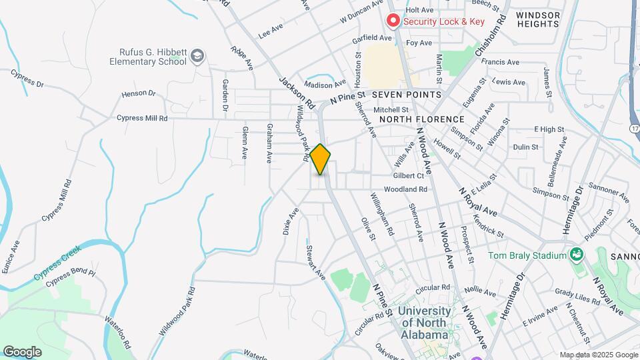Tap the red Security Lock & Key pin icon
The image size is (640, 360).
coord(393,21)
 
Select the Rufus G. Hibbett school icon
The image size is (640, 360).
coord(197,57)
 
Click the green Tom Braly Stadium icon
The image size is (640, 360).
coord(575,255)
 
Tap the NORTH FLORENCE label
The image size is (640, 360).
coord(421,119)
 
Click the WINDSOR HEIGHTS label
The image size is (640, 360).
coord(537,19)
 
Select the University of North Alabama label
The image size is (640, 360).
coord(423,323)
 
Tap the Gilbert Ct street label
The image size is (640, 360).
coord(409,176)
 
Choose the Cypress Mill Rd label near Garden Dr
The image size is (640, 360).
coord(141,118)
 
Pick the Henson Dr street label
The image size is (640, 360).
coord(139,94)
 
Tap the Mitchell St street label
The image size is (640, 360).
coord(391,109)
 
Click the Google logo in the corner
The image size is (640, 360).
coord(22,351)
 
